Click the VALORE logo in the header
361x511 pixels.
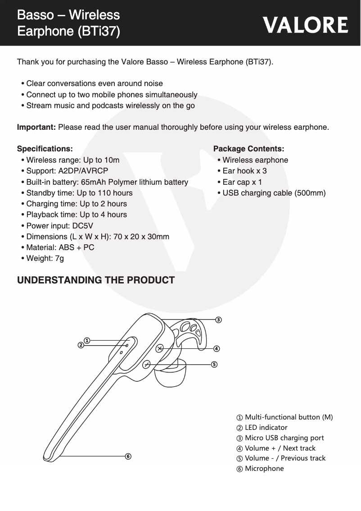(306, 25)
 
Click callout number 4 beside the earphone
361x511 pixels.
(217, 349)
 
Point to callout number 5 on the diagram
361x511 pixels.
(214, 364)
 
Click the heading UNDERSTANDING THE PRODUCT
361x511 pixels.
(95, 280)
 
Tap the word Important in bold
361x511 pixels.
(36, 127)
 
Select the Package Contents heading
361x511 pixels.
(248, 149)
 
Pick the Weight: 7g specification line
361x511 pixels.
(45, 258)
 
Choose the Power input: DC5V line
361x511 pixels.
(59, 225)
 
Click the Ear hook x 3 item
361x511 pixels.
(244, 171)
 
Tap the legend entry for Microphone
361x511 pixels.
(264, 469)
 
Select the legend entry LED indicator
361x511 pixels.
(266, 427)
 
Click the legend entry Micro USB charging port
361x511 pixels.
(284, 438)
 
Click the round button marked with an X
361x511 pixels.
(160, 348)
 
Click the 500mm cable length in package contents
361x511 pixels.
(310, 193)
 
